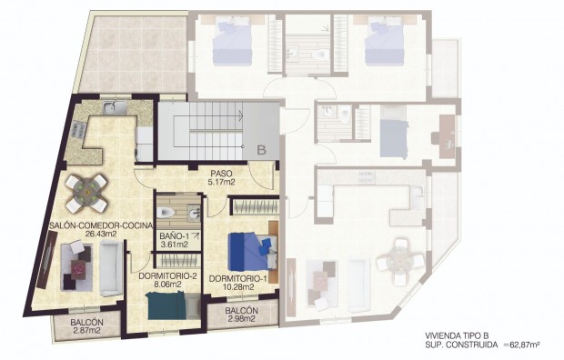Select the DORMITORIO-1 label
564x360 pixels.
click(x=237, y=277)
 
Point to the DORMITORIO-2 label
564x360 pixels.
click(x=168, y=276)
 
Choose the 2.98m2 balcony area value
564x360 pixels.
click(x=242, y=319)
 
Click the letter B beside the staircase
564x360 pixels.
click(x=260, y=150)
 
